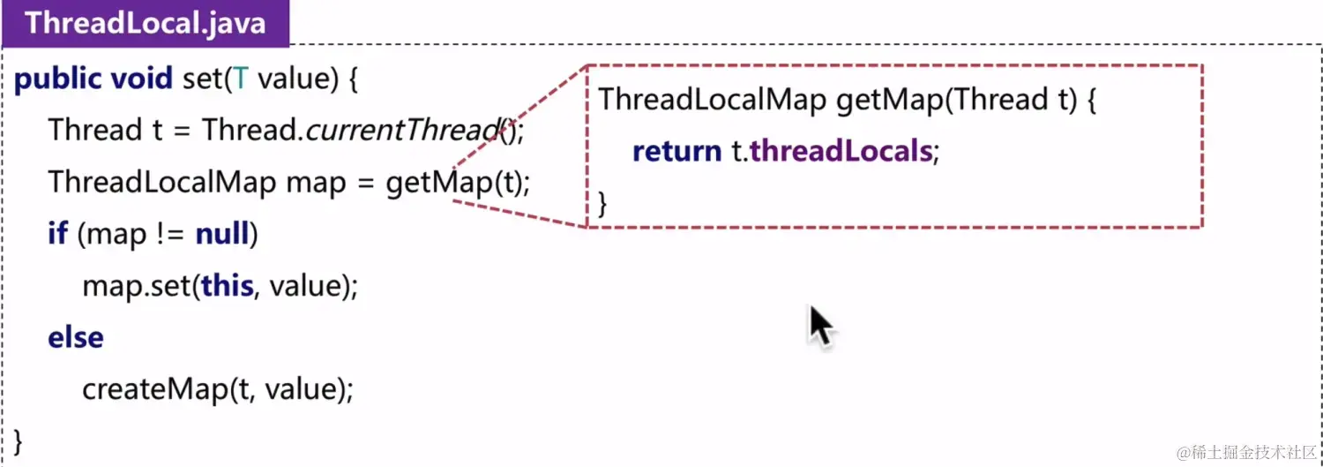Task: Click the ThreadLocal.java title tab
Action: pyautogui.click(x=145, y=23)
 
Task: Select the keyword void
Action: pyautogui.click(x=141, y=79)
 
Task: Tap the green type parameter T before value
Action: pyautogui.click(x=240, y=79)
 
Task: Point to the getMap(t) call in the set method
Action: pyautogui.click(x=457, y=183)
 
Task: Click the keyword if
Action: pyautogui.click(x=57, y=234)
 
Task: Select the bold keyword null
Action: pyautogui.click(x=222, y=234)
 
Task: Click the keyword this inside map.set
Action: pyautogui.click(x=227, y=286)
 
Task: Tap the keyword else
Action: pyautogui.click(x=75, y=337)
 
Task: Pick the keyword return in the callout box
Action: pyautogui.click(x=676, y=152)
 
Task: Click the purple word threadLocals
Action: pyautogui.click(x=841, y=152)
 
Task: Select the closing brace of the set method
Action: pyautogui.click(x=19, y=440)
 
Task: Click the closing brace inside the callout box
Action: pyautogui.click(x=603, y=203)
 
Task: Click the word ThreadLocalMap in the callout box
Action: pyautogui.click(x=711, y=100)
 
